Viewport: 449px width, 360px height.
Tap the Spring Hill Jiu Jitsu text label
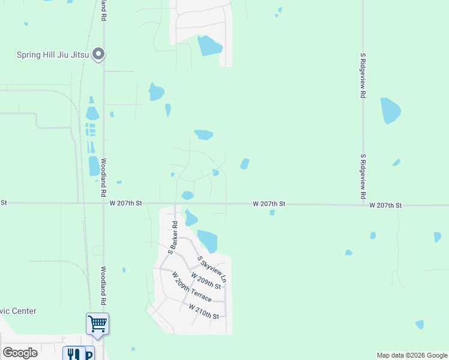click(x=53, y=55)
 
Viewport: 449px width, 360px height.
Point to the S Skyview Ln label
click(x=212, y=269)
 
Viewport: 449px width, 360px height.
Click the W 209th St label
click(x=206, y=280)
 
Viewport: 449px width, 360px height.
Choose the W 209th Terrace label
click(x=191, y=287)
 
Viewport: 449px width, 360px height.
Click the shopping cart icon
click(x=97, y=324)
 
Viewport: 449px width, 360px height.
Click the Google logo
click(x=20, y=353)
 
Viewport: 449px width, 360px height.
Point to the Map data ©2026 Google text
click(x=411, y=355)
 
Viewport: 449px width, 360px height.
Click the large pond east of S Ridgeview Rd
click(x=390, y=110)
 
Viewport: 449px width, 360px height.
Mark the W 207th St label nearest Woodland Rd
click(x=125, y=203)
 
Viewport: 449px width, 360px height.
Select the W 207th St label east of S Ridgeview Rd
click(x=385, y=205)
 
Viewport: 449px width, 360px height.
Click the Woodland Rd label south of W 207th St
click(x=103, y=286)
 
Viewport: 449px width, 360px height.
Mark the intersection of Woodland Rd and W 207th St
click(x=103, y=203)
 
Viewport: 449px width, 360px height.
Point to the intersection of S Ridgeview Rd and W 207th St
click(x=363, y=205)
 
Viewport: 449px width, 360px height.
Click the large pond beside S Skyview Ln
click(x=208, y=241)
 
